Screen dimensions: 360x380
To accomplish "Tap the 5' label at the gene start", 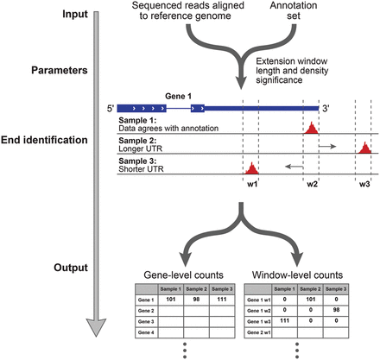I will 111,110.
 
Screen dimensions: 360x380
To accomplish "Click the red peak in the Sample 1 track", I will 312,128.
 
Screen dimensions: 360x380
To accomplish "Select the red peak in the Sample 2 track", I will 364,148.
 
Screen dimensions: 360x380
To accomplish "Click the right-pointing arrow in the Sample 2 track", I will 328,148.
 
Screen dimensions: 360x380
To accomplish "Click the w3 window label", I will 364,184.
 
